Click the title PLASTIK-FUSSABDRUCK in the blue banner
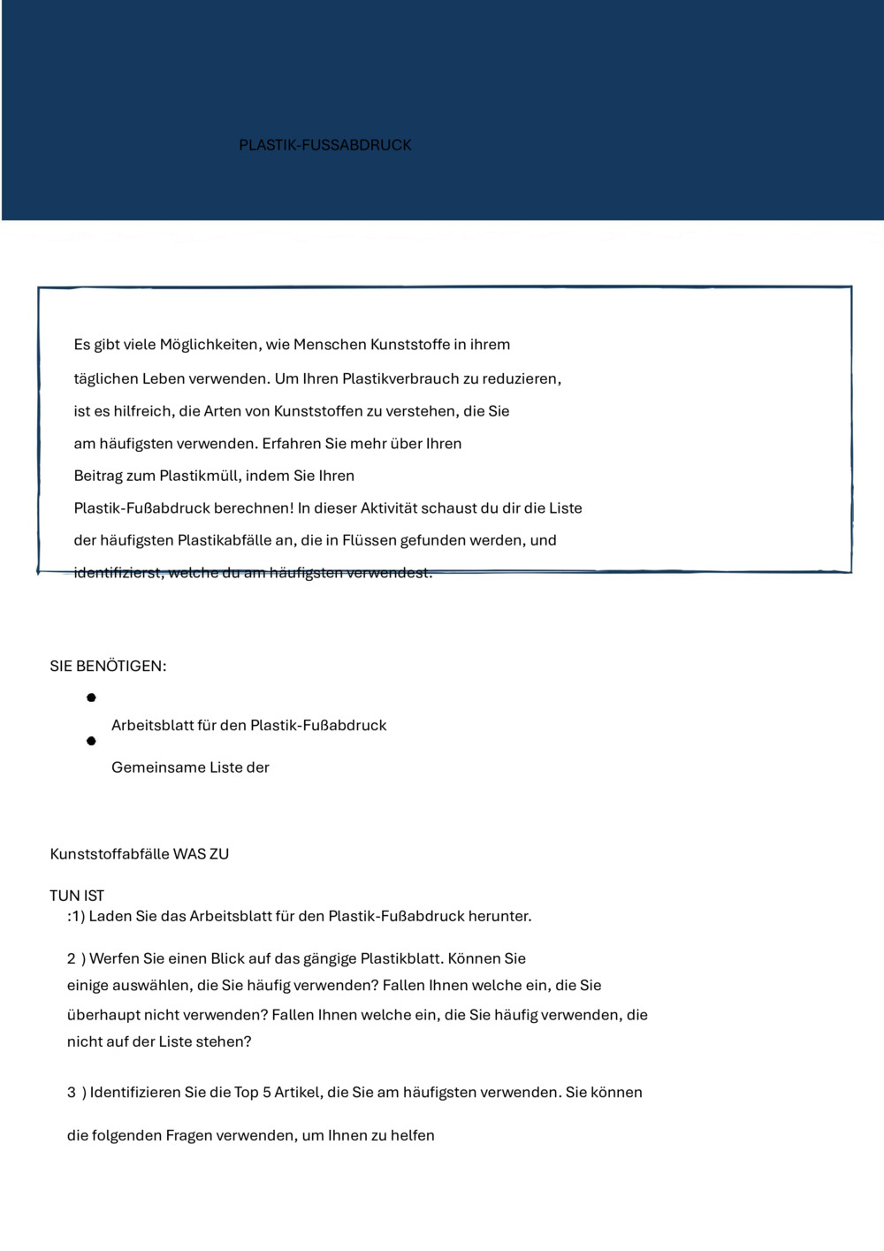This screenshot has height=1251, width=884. point(324,145)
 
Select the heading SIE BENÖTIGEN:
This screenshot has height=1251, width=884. point(108,667)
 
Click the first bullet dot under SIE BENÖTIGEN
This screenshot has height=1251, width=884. point(91,698)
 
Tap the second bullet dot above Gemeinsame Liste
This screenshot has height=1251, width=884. point(91,741)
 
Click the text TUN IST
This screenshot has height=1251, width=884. point(77,896)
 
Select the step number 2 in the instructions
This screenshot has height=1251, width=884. point(72,959)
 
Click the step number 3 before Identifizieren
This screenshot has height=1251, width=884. point(72,1093)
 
